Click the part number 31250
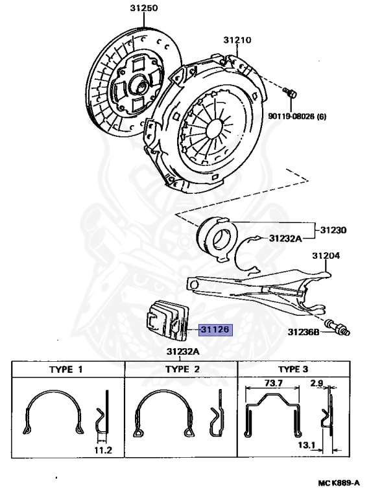(143, 8)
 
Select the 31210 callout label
(237, 40)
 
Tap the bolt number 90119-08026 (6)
(297, 116)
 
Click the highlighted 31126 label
(215, 329)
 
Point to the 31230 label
(333, 230)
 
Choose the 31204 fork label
(326, 255)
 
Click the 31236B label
(304, 332)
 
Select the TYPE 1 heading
(66, 370)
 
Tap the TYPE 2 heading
(182, 369)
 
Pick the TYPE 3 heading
(293, 369)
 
